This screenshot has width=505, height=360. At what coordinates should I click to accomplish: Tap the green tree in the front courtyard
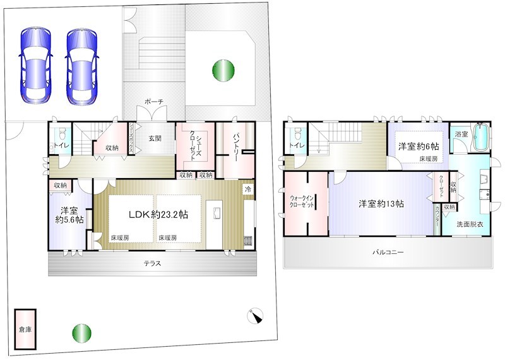pyautogui.click(x=222, y=69)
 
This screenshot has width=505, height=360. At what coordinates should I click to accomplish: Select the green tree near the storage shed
pyautogui.click(x=81, y=333)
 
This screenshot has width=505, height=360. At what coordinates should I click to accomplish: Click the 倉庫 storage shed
pyautogui.click(x=25, y=328)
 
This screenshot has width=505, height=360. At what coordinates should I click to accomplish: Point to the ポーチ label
pyautogui.click(x=153, y=101)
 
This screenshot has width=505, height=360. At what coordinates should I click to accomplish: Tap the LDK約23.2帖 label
pyautogui.click(x=158, y=215)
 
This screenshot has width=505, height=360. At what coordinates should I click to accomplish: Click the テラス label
pyautogui.click(x=151, y=263)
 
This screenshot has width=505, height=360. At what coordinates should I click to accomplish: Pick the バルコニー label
pyautogui.click(x=387, y=252)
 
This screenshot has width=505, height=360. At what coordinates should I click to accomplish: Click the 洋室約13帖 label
pyautogui.click(x=381, y=204)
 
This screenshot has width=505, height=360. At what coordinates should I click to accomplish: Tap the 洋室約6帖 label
pyautogui.click(x=419, y=147)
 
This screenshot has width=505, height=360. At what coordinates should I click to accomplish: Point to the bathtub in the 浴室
pyautogui.click(x=480, y=137)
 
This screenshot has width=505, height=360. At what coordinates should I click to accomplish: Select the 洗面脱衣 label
pyautogui.click(x=472, y=225)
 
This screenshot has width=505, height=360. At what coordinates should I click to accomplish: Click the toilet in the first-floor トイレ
pyautogui.click(x=61, y=136)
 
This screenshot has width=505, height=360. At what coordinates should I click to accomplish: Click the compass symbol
pyautogui.click(x=256, y=315)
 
